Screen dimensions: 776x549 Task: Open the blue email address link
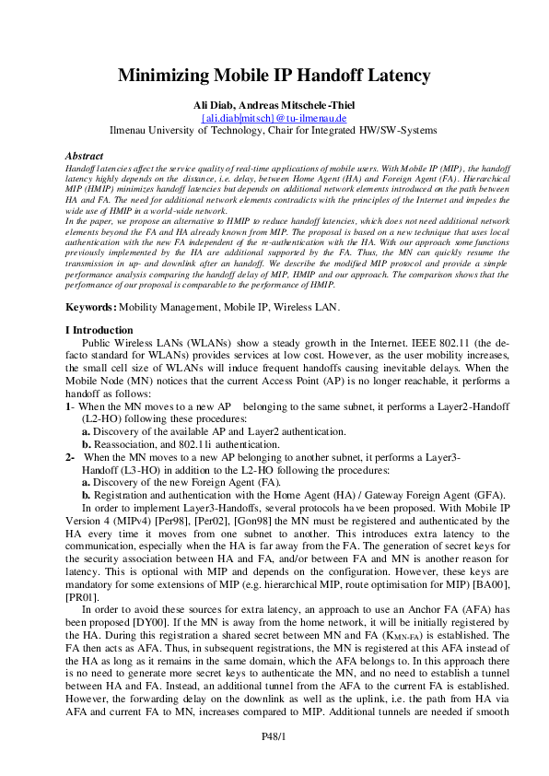coord(274,117)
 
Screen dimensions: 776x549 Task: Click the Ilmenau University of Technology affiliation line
coord(274,131)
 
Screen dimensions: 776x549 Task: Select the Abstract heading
coord(85,157)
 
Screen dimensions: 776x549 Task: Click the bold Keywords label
coord(91,306)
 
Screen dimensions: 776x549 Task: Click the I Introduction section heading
coord(99,330)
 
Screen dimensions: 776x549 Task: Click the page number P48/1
coord(274,735)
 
